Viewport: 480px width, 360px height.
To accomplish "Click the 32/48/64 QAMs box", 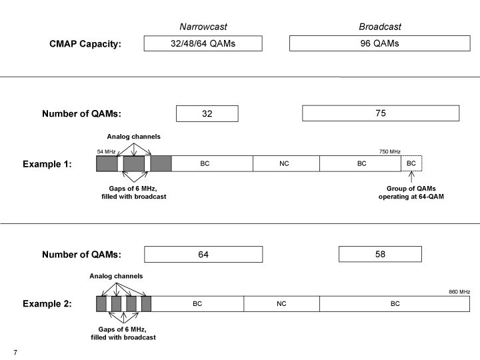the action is tap(203, 43).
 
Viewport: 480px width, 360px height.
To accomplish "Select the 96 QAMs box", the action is tap(379, 43).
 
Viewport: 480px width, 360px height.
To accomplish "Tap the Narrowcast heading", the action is tap(203, 27).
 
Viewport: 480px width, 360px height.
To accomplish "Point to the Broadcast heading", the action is tap(380, 27).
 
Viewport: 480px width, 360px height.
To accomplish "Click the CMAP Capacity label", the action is tap(85, 44).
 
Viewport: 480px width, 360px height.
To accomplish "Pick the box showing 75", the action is tap(381, 113).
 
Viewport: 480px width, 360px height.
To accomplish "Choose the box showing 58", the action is tap(380, 254).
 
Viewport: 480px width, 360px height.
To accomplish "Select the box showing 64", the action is tap(203, 255).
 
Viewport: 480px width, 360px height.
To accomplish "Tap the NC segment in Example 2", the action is tap(281, 304).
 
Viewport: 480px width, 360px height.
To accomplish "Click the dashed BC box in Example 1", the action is tap(411, 163).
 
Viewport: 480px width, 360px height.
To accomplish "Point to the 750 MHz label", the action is tap(390, 151).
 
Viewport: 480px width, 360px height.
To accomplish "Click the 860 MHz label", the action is tap(459, 292).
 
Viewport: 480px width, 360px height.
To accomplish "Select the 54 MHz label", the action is tap(106, 151).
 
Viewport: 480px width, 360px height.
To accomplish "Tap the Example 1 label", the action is tap(47, 164).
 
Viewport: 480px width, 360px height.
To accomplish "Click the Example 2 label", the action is tap(47, 304).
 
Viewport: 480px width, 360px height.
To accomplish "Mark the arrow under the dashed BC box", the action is tap(411, 177).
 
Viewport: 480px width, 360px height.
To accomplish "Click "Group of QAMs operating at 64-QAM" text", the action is tap(411, 193).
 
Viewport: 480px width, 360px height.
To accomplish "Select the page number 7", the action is tap(15, 353).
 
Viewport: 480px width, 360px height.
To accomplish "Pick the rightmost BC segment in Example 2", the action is tap(395, 304).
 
